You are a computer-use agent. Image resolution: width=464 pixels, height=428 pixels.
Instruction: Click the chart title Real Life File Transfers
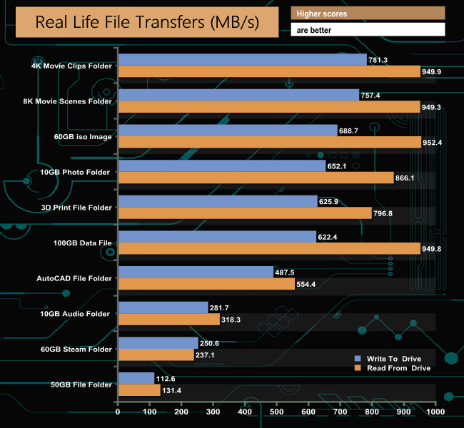147,22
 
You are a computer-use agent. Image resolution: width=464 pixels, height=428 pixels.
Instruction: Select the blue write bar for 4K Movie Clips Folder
242,59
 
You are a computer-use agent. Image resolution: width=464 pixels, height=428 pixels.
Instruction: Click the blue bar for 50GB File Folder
136,378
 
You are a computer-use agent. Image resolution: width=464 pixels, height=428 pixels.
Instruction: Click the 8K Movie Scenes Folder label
69,101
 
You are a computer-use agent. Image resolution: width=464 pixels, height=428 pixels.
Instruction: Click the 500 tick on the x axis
276,412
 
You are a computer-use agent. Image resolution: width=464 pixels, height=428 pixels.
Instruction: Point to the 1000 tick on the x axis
435,412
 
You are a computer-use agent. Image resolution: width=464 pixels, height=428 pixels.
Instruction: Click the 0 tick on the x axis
118,412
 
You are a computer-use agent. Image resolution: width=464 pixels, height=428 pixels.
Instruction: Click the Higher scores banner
368,14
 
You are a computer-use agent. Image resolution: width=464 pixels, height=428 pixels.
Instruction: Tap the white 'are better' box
368,29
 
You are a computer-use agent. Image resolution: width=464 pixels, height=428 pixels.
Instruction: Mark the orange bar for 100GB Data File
268,248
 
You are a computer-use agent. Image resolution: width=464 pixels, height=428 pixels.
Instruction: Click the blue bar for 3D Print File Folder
217,201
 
